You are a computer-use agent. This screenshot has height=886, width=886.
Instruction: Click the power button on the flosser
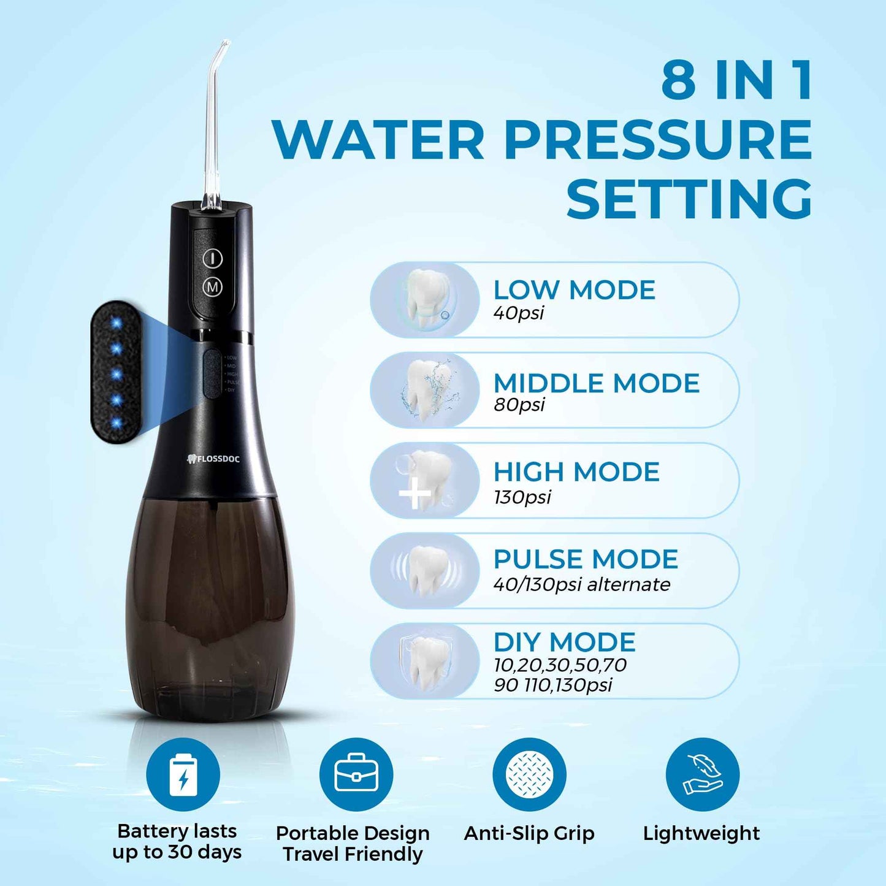[x=212, y=258]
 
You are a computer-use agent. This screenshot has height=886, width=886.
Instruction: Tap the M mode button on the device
[x=212, y=286]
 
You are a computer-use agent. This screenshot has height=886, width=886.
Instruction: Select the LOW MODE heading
[x=575, y=290]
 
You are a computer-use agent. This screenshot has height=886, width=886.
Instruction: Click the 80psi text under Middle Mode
[x=519, y=405]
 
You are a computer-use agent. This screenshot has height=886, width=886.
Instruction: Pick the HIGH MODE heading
[x=576, y=472]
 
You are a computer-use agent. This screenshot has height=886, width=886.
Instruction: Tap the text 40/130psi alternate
[x=581, y=584]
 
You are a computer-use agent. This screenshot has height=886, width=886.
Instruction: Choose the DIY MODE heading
[x=565, y=643]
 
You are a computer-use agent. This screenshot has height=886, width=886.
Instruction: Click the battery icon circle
[x=183, y=774]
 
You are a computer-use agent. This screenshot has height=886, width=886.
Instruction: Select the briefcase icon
[x=356, y=774]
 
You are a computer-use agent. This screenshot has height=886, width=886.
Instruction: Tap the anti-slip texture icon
[x=529, y=774]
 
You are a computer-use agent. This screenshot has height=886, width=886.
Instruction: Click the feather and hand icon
[x=703, y=774]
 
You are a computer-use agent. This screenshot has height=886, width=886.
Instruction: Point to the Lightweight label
[x=701, y=833]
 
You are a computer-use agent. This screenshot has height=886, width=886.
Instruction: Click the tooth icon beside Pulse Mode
[x=427, y=571]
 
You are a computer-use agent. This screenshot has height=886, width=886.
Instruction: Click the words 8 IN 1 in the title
[x=736, y=80]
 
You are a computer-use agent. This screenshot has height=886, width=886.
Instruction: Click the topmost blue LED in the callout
[x=116, y=323]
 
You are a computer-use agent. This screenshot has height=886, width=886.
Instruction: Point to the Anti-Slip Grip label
[x=529, y=833]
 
